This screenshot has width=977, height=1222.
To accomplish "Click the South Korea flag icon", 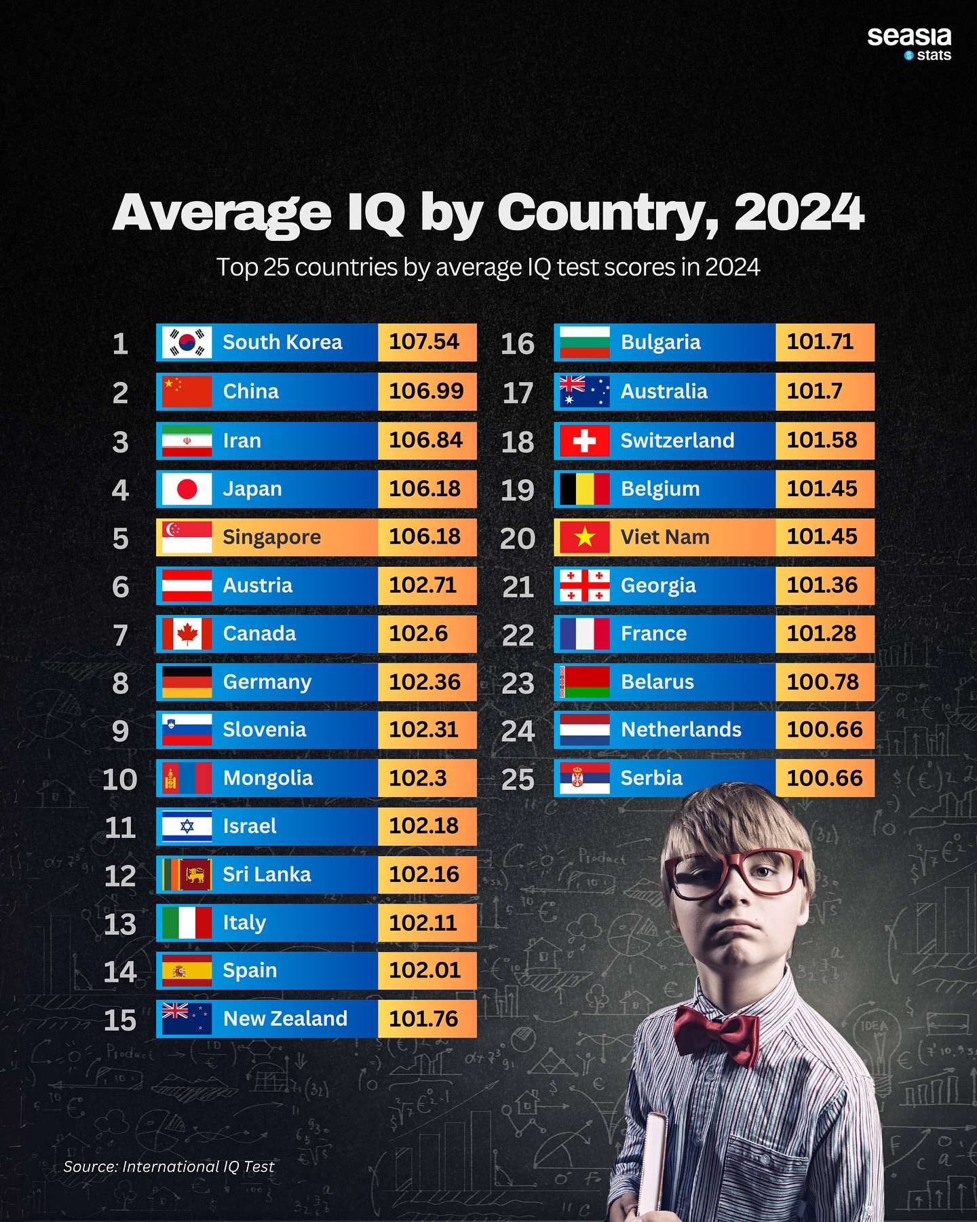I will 187,342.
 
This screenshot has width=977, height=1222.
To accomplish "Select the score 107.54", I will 424,341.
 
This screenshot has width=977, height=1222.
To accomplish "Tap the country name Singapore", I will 271,537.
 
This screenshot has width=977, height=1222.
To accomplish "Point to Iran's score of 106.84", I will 425,440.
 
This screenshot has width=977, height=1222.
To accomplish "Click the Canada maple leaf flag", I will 187,634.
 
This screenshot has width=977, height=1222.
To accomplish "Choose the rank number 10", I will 120,779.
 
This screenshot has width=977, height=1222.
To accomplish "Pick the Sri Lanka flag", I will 187,874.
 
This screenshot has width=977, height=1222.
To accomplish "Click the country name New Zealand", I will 285,1018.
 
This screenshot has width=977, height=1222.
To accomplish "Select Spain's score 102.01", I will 425,970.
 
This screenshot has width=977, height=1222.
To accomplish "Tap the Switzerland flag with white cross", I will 584,441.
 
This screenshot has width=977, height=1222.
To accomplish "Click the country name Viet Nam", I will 665,537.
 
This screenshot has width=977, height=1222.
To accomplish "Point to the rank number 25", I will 518,779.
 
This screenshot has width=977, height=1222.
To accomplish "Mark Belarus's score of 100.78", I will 822,682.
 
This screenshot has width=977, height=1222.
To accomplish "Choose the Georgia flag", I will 584,586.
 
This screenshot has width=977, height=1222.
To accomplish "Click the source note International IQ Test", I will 169,1166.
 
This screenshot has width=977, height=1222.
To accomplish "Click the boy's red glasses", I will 736,876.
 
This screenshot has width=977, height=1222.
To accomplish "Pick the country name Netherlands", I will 681,730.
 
